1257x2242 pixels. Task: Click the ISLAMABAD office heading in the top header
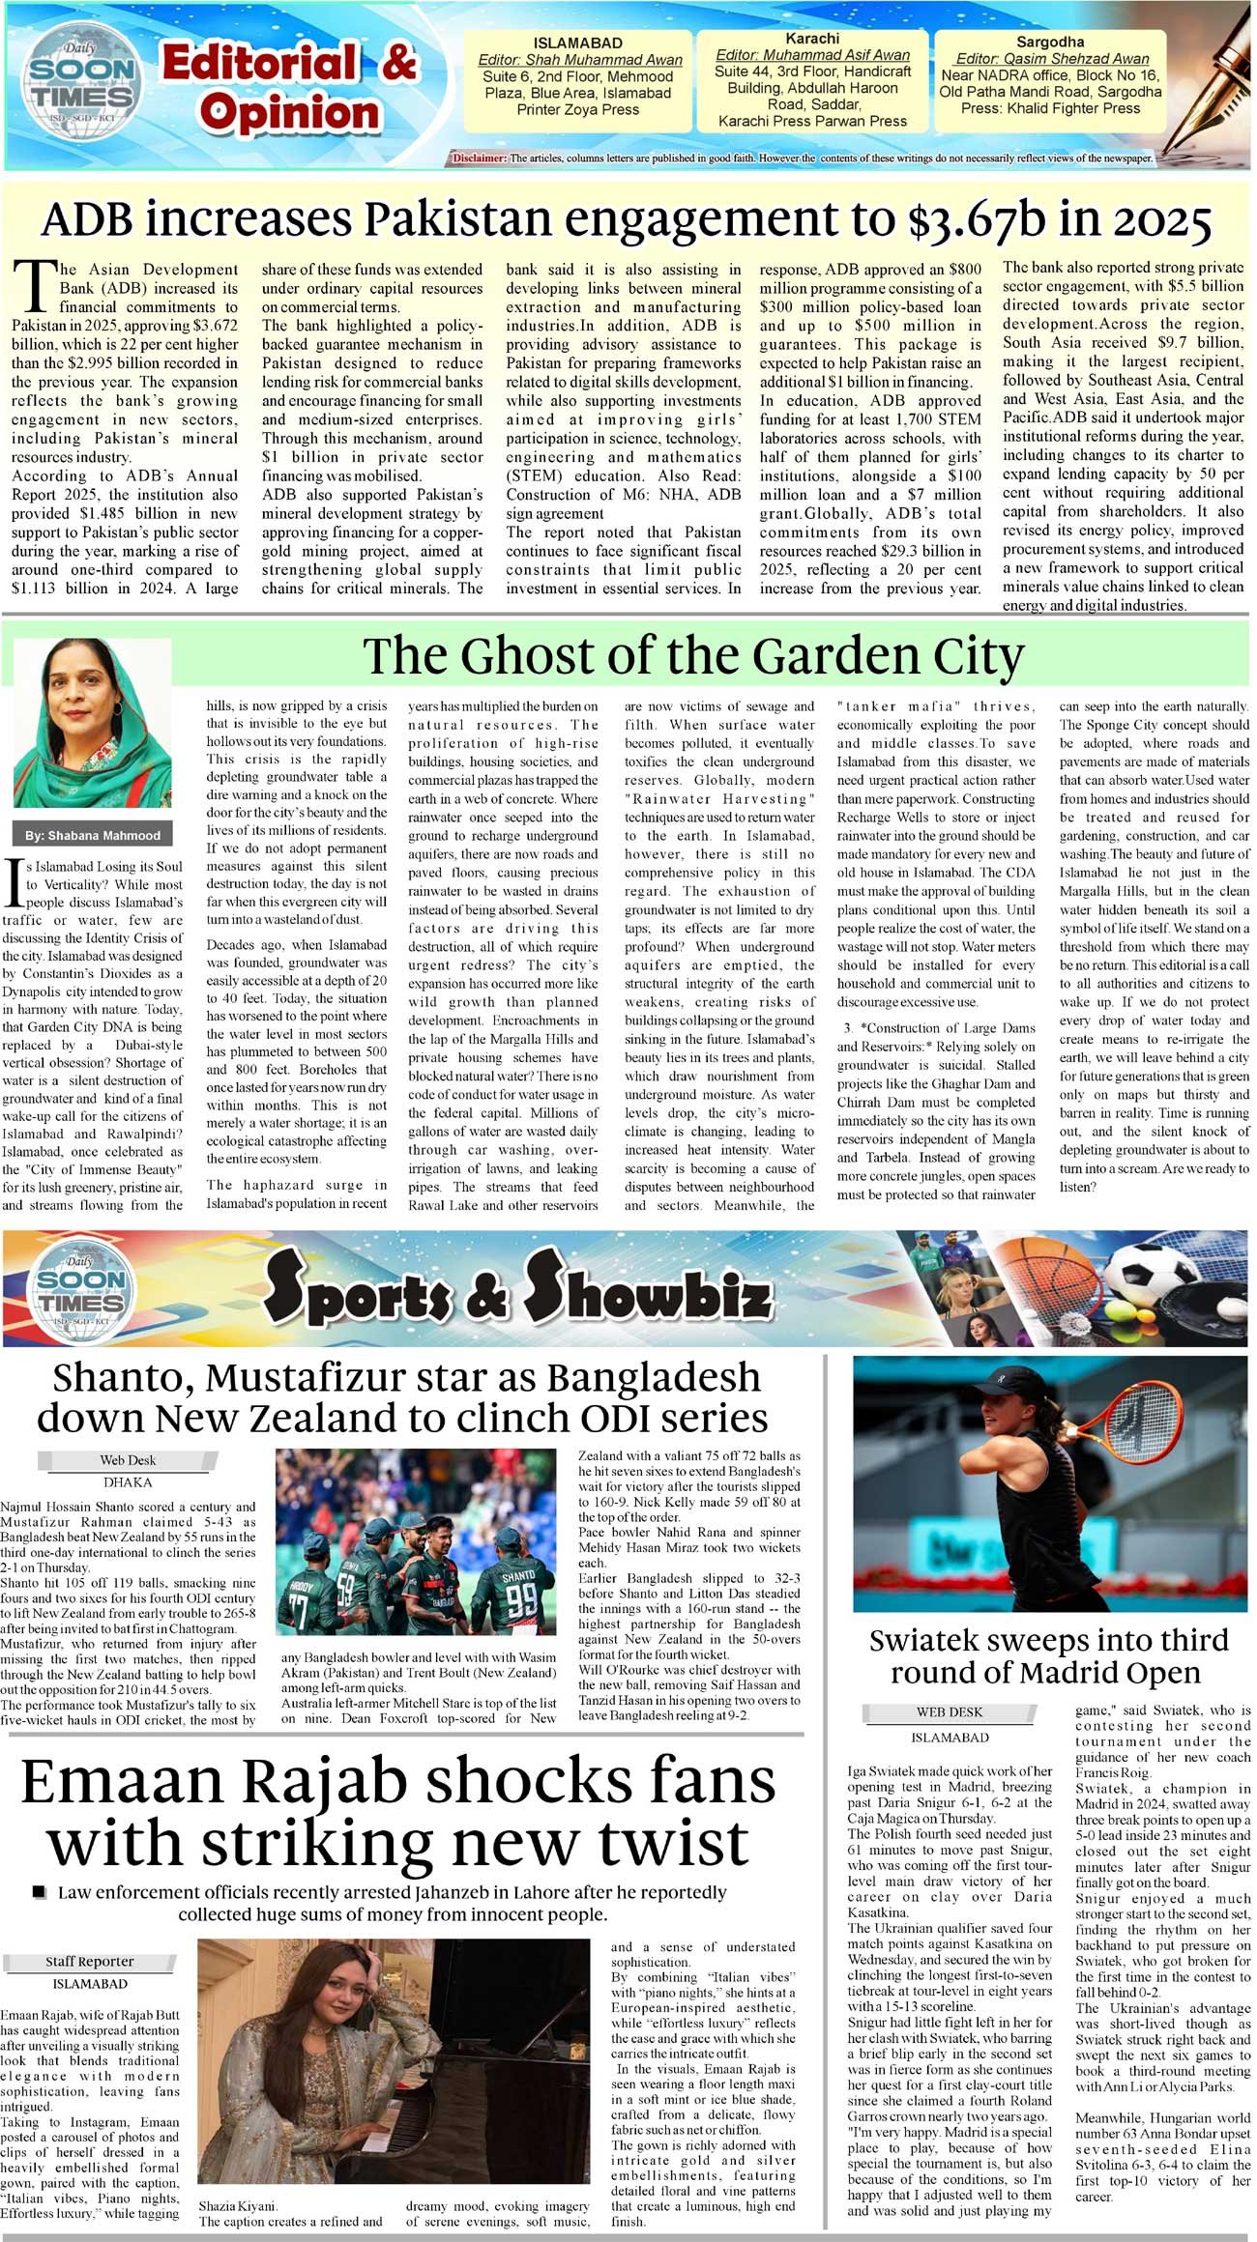coord(578,43)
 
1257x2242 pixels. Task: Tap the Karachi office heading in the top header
coord(812,39)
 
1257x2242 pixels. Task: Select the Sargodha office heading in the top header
coord(1050,42)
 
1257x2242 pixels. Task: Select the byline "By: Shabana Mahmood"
coord(93,835)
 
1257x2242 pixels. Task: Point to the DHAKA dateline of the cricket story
coord(128,1482)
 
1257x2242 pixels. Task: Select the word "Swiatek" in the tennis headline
coord(934,1640)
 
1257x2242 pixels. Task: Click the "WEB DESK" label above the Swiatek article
coord(949,1711)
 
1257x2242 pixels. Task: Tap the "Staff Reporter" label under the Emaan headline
coord(90,1961)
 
